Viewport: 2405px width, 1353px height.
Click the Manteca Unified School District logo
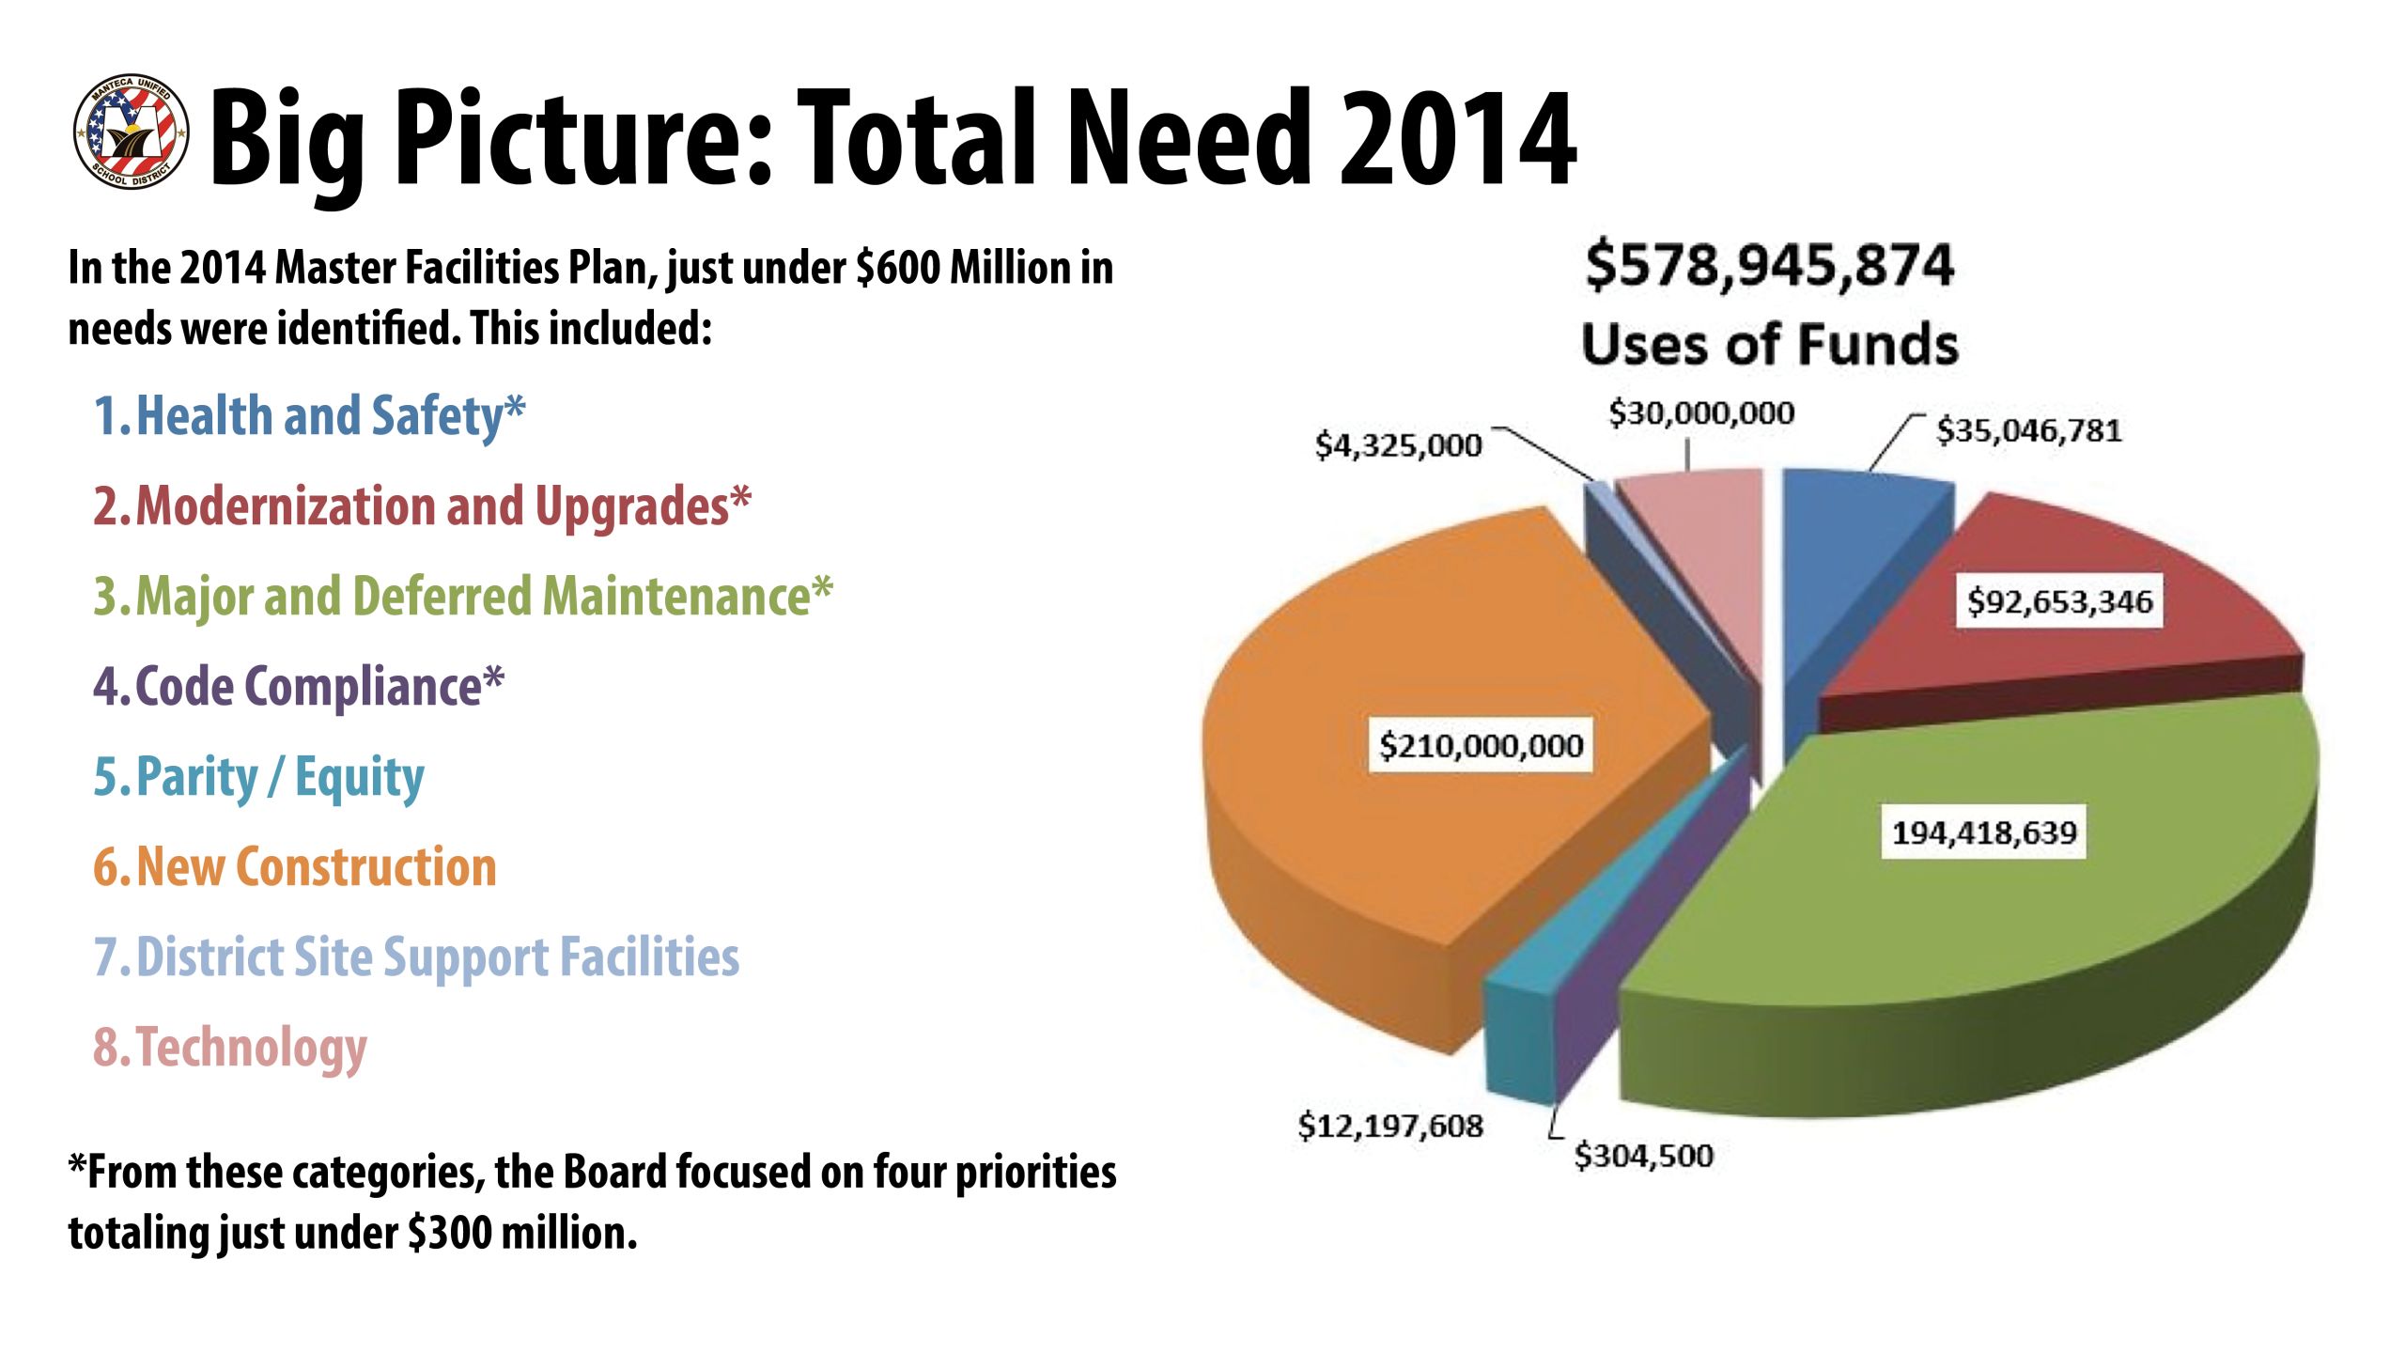pos(131,132)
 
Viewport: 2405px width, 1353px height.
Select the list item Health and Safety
pos(309,416)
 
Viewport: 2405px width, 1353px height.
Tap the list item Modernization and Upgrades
pos(422,506)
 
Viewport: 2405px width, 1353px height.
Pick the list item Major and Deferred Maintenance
pos(462,597)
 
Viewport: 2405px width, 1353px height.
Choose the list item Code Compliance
pos(299,687)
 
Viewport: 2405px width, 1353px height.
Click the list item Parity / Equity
pos(259,777)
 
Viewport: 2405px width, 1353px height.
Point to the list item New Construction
pos(295,867)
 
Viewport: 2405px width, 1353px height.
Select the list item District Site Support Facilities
pos(416,957)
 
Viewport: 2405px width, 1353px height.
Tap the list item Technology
pos(230,1048)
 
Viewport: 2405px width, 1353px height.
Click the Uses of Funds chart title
pos(1770,344)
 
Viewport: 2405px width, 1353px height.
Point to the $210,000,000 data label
pos(1481,746)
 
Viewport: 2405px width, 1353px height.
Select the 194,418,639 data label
pos(1984,832)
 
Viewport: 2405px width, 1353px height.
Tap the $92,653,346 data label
pos(2059,601)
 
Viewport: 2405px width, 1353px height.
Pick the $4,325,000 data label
pos(1398,445)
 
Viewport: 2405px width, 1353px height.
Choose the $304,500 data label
pos(1644,1156)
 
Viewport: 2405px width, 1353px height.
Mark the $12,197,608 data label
pos(1390,1126)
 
